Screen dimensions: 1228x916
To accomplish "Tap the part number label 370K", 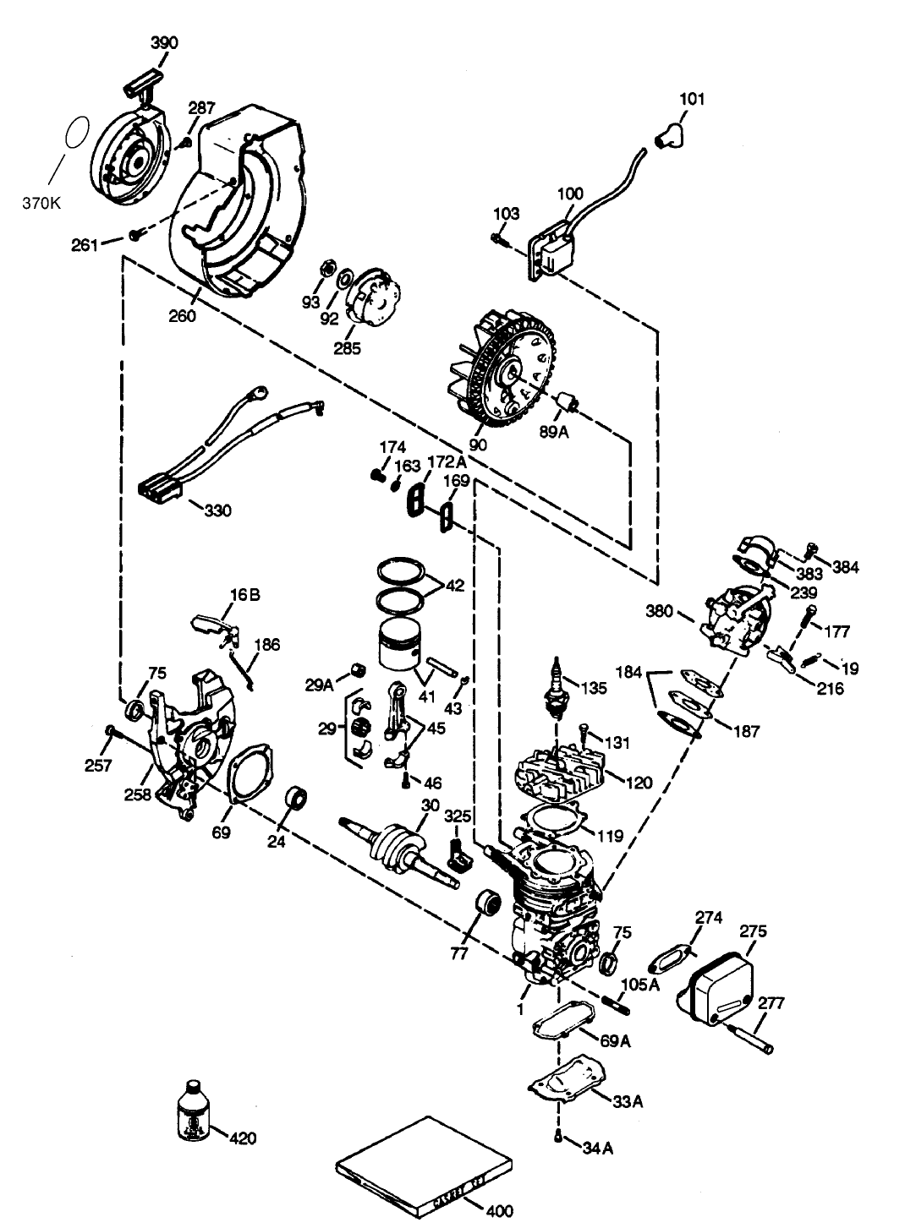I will [43, 203].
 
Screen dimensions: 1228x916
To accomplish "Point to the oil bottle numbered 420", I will [193, 1109].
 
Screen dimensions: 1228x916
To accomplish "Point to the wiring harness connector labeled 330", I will [161, 488].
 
